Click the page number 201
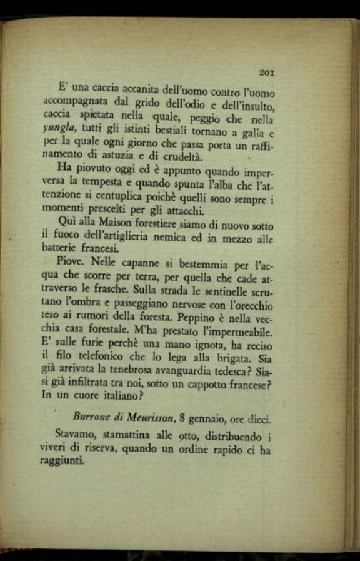[267, 73]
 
